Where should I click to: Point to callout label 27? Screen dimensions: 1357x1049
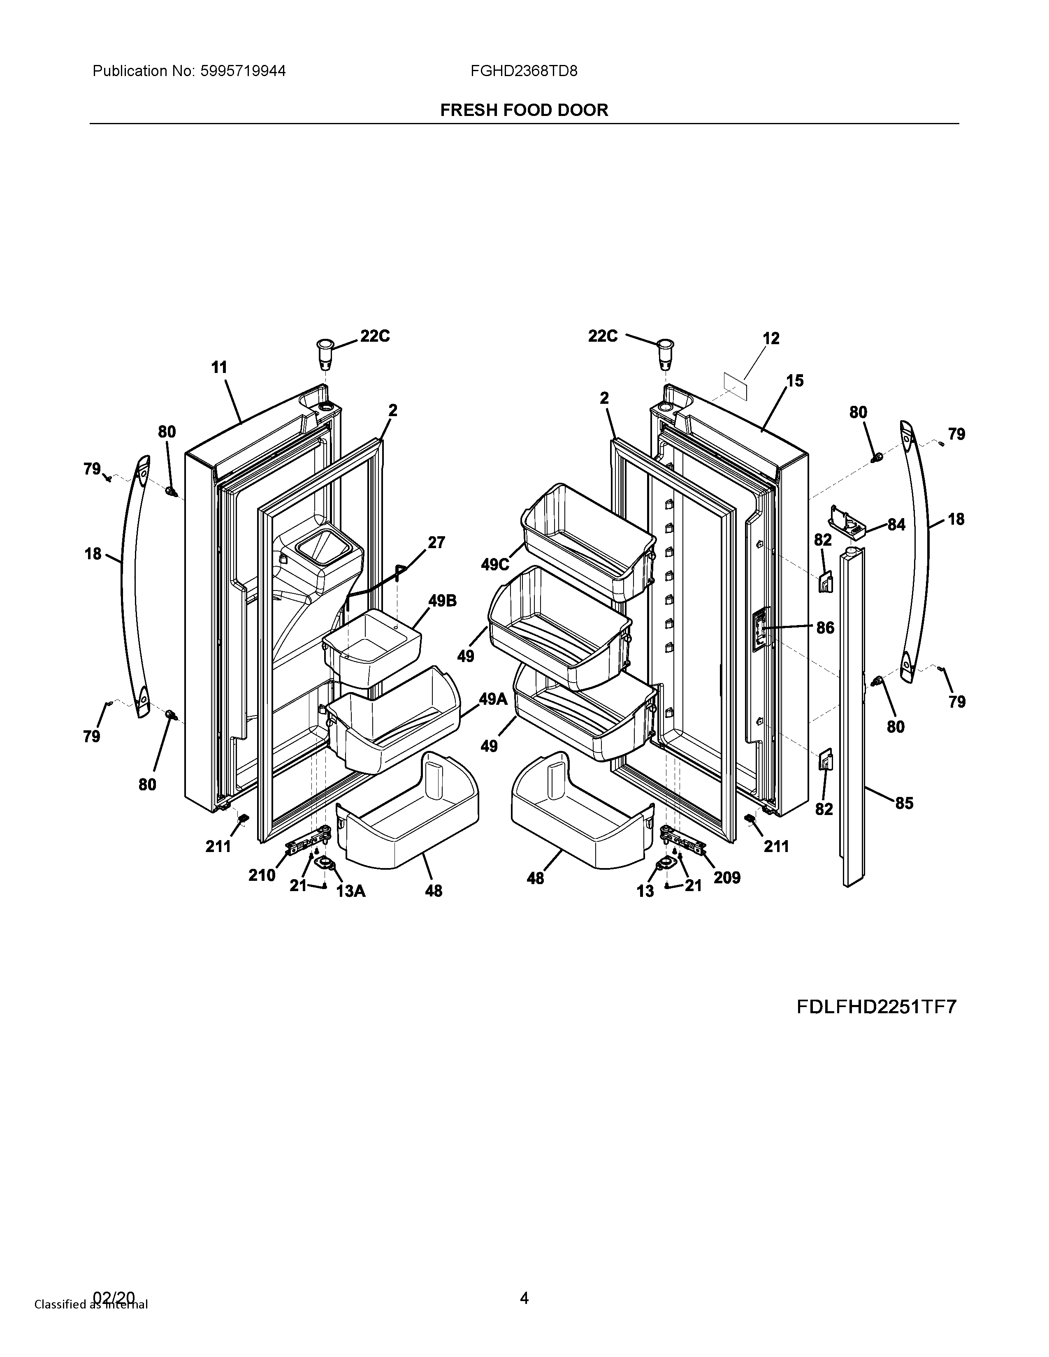tap(436, 542)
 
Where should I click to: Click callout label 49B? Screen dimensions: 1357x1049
tap(442, 601)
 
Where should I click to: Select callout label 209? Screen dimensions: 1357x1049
tap(727, 878)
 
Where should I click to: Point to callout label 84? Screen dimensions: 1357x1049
tap(896, 525)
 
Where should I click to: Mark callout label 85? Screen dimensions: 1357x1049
tap(904, 804)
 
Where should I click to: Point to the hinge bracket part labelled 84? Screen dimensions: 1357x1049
tap(848, 520)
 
